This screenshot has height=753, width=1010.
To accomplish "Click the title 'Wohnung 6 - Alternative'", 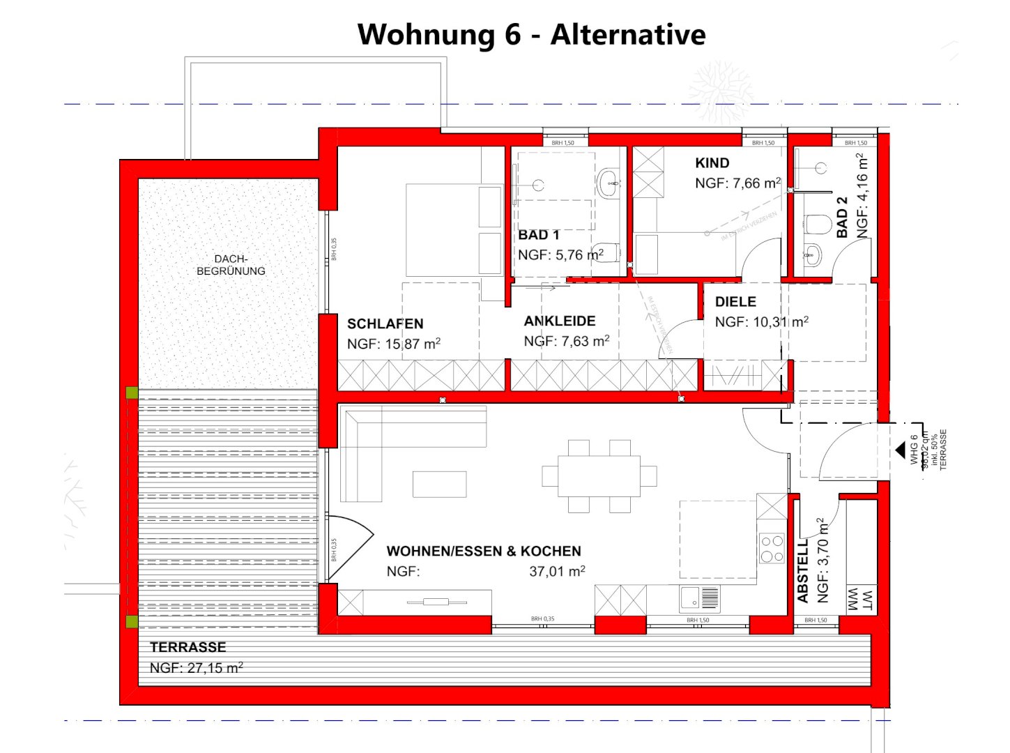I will coord(531,35).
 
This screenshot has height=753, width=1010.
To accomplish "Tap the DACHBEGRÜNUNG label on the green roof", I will coord(231,265).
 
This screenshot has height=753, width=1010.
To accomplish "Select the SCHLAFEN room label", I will coord(385,324).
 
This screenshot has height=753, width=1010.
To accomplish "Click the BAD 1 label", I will coord(538,235).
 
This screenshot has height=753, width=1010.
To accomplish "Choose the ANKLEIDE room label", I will coord(560,321).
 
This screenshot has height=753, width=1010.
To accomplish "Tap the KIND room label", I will coord(712,163).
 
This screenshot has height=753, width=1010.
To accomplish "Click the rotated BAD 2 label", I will coord(842,217).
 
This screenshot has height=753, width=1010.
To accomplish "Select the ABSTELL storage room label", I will coord(803,570).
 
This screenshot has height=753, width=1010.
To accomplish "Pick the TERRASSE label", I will coord(188,647).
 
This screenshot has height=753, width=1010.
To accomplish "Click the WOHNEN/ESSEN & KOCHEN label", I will coord(483,552).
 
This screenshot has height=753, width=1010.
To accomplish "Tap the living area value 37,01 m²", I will coord(557,572).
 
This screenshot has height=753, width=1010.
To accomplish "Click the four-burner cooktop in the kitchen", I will coord(772,548).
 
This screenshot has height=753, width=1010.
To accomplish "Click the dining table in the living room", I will coord(599,476).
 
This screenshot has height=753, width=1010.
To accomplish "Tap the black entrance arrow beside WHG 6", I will coord(900,450).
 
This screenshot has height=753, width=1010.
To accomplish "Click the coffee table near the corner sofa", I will coord(439,484).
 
